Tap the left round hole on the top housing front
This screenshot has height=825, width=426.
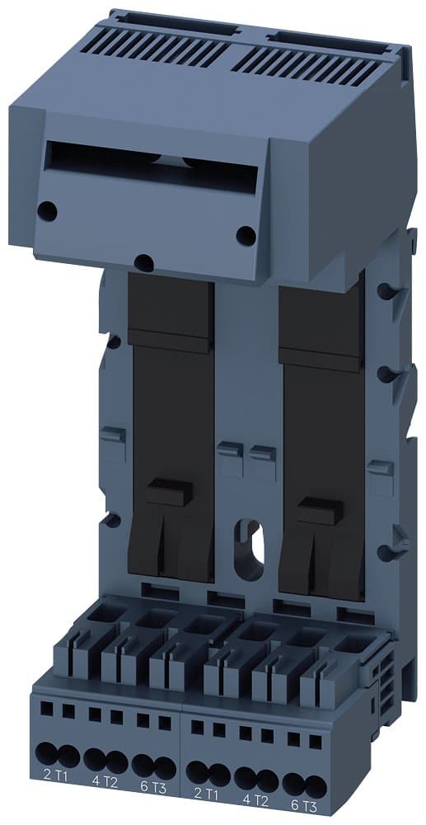click(48, 211)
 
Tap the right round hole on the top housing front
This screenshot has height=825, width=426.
click(246, 236)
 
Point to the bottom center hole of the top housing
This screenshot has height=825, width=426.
click(143, 262)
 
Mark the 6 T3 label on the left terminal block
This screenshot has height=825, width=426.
click(154, 788)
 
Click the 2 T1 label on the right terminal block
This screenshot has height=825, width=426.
click(207, 794)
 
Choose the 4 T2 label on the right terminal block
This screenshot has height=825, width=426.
click(256, 799)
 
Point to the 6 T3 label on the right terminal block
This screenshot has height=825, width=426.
click(303, 805)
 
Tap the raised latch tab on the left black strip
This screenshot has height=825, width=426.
click(169, 493)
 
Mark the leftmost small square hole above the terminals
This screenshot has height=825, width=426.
click(46, 706)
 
